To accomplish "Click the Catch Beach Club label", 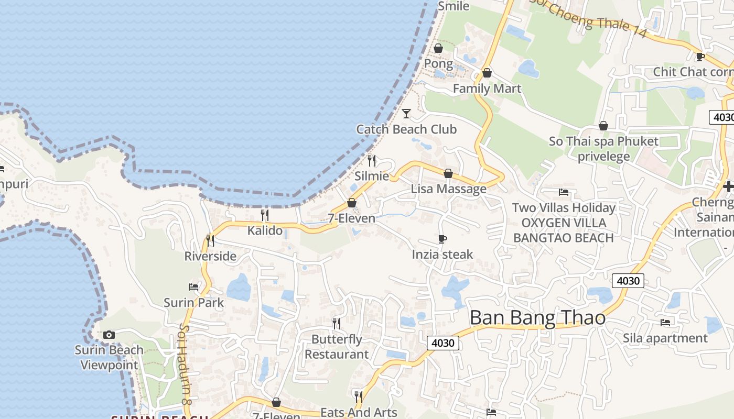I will click(406, 129).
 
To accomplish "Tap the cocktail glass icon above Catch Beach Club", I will click(406, 113).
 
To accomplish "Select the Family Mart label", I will click(487, 89).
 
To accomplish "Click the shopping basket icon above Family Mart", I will click(487, 73).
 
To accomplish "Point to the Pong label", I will click(438, 64).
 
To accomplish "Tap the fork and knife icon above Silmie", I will click(372, 160).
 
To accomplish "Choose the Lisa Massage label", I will click(448, 189).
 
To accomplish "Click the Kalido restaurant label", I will click(265, 230).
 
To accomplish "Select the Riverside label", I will click(210, 256).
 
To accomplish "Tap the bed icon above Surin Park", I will click(193, 286).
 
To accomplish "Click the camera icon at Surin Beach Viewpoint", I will click(109, 335).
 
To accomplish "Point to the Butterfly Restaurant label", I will click(337, 347).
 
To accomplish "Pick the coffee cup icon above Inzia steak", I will click(442, 239).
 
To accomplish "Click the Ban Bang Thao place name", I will click(537, 318).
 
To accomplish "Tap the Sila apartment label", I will click(665, 338).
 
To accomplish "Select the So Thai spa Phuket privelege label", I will click(603, 149).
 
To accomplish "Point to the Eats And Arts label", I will click(359, 412).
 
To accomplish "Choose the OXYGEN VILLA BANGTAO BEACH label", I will click(564, 230).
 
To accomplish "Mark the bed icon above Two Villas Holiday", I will click(564, 192).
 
